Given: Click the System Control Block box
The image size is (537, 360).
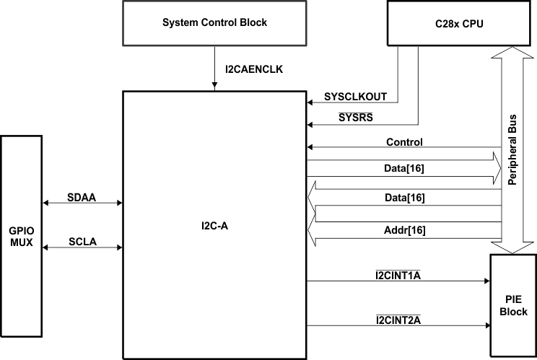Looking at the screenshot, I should (x=214, y=23).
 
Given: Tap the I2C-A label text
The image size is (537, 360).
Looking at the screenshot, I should (x=214, y=226).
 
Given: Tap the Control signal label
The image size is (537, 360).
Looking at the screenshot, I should (x=404, y=142).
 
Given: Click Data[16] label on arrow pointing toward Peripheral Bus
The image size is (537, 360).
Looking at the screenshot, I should (x=404, y=168).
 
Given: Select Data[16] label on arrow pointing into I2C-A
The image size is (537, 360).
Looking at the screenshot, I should (x=404, y=197).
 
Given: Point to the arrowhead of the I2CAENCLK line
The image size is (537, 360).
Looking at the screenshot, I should (x=214, y=87).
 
